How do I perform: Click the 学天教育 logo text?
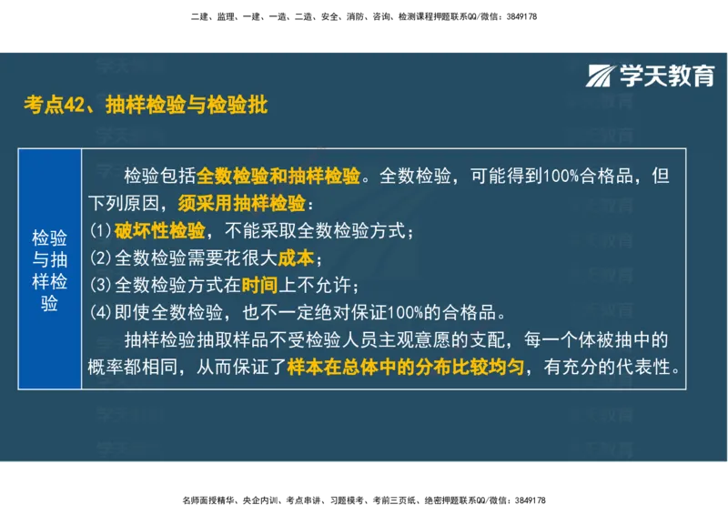667,76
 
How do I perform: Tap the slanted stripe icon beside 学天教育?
601,76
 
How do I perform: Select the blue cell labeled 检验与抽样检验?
50,270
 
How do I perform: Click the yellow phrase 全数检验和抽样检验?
279,176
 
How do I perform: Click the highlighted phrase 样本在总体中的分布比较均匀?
405,368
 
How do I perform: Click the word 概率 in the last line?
106,368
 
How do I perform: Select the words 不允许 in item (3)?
314,285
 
